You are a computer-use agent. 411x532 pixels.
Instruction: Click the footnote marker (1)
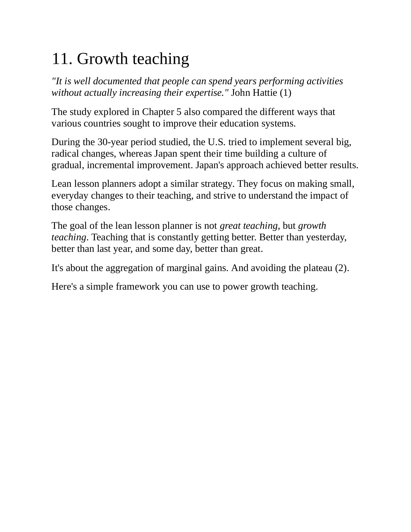(x=285, y=93)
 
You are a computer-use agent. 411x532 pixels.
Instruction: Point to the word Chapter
(x=158, y=112)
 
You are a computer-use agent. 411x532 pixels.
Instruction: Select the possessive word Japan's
(x=209, y=165)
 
